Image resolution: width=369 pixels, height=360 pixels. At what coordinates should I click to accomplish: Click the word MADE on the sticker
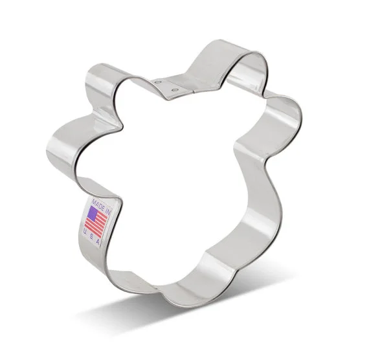tap(98, 204)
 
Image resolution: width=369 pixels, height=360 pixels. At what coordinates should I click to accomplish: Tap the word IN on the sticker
tap(108, 212)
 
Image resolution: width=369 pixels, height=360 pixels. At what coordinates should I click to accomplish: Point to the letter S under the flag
tap(91, 236)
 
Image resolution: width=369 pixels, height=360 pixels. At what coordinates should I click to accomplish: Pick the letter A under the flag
tap(98, 242)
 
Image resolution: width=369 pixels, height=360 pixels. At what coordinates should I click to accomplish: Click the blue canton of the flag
tap(93, 212)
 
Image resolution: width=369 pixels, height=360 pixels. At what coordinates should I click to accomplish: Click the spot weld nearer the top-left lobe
tap(157, 82)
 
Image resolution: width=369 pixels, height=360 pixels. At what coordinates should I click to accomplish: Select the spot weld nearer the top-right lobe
tap(175, 90)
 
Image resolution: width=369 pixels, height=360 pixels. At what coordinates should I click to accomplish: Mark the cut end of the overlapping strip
tap(194, 91)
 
